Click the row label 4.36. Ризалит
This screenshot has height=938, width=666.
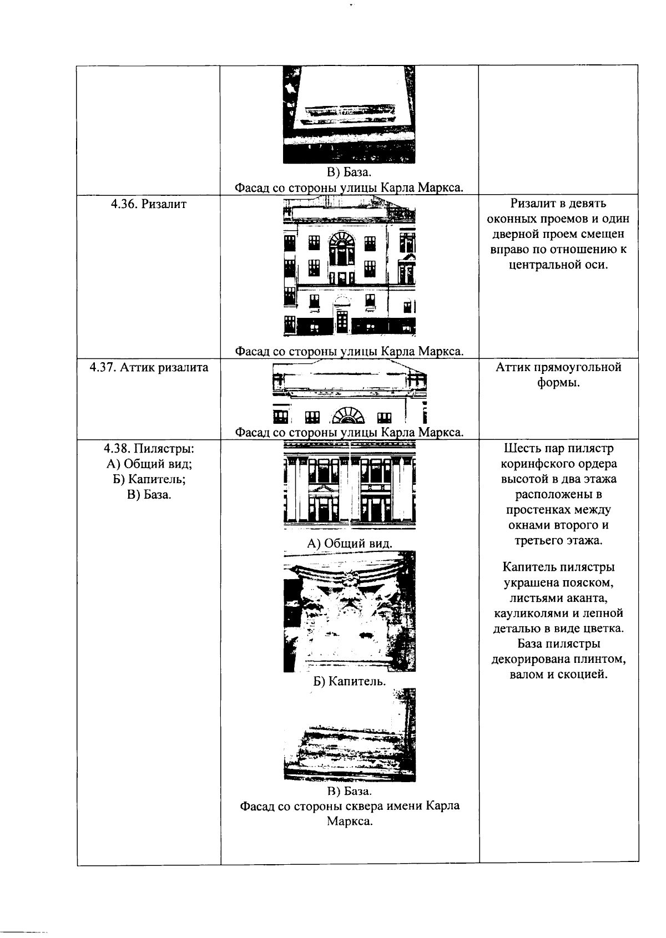[x=148, y=204]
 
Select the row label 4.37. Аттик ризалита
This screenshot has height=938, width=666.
[x=149, y=367]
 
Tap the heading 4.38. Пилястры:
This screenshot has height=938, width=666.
[x=149, y=448]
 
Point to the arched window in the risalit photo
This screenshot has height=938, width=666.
[x=340, y=248]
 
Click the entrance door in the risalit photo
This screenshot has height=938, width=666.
[x=342, y=320]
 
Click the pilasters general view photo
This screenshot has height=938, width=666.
[x=350, y=484]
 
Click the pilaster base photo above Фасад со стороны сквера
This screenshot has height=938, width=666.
[x=350, y=735]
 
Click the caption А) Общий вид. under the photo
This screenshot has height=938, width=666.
[x=350, y=543]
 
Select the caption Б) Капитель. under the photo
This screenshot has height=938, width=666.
[x=350, y=681]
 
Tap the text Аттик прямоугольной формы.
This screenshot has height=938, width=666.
[x=558, y=375]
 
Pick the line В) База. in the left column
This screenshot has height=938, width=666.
[x=149, y=495]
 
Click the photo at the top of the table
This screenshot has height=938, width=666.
[x=349, y=114]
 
